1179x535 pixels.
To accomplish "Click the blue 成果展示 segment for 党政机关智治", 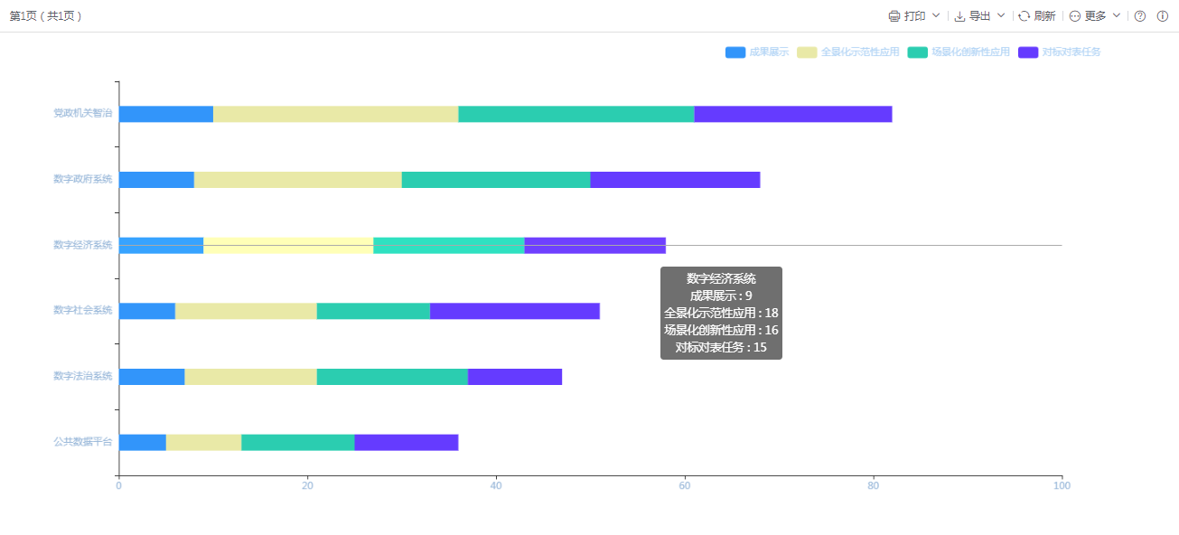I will point(166,114).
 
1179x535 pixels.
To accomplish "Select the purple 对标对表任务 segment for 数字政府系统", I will point(675,180).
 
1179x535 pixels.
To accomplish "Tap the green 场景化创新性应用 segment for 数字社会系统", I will point(373,311).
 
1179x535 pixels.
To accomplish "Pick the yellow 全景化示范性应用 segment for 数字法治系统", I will point(250,377).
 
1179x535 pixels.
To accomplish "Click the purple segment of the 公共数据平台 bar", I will point(407,442).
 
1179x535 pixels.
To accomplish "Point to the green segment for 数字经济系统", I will point(448,245).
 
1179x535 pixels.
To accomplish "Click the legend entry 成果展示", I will point(757,52).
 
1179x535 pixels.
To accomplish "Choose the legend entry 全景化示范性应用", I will point(848,52).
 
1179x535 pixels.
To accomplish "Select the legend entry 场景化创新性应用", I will point(959,52).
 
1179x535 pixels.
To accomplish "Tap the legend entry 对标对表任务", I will point(1060,52).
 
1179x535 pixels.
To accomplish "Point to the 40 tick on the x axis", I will point(496,486).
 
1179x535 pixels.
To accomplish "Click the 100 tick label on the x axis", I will point(1062,486).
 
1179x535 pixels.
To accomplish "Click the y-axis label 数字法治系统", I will point(82,376).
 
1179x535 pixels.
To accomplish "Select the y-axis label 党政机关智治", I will point(82,114).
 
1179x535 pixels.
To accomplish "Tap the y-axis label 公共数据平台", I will point(82,442).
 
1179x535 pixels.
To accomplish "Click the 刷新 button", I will point(1037,16).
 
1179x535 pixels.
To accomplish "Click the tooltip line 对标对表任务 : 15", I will point(721,347).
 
